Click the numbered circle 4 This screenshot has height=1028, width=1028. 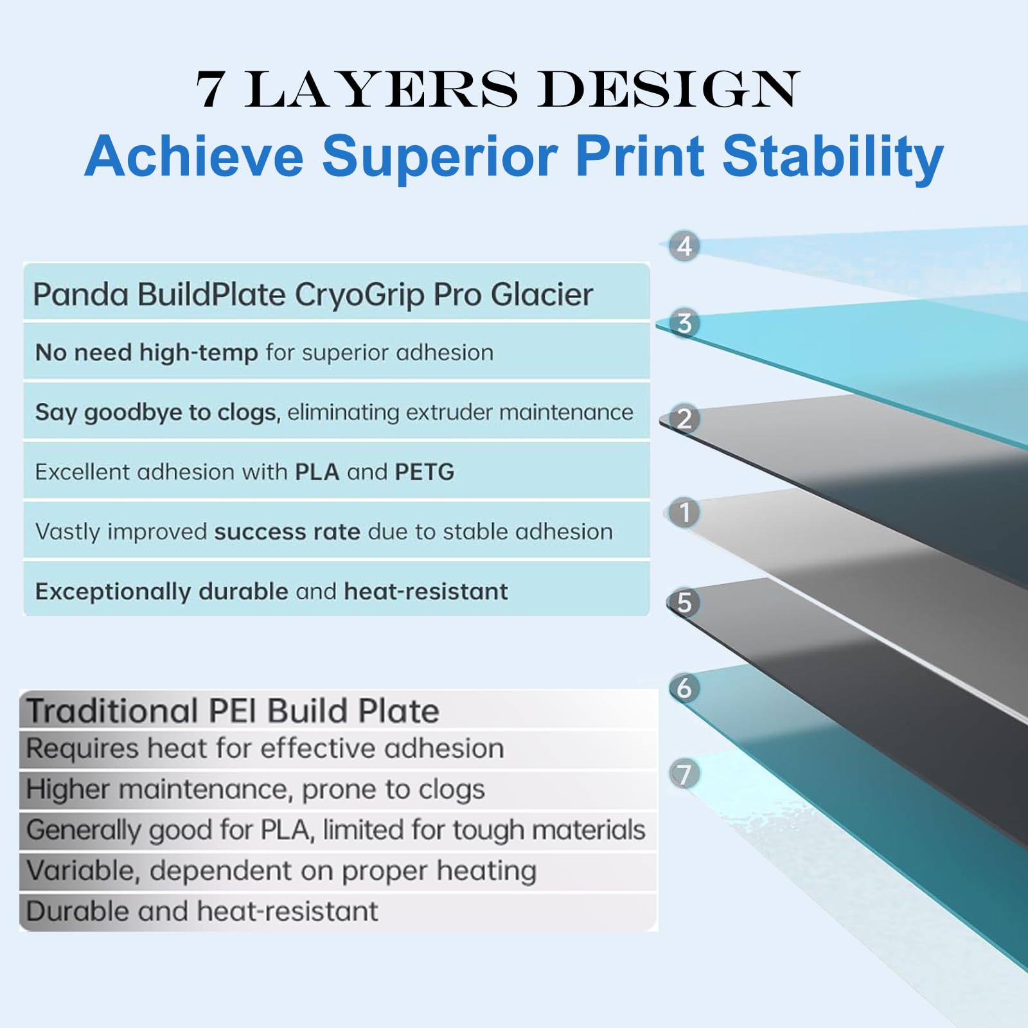click(684, 246)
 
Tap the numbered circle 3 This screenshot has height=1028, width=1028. click(684, 323)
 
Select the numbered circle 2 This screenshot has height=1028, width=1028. click(684, 419)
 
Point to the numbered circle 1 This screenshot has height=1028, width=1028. click(684, 513)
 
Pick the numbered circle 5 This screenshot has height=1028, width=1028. click(684, 603)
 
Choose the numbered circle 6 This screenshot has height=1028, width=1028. click(684, 688)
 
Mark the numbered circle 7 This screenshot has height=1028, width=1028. click(684, 774)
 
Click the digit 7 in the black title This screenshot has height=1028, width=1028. click(210, 90)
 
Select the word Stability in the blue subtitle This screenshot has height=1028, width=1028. click(833, 157)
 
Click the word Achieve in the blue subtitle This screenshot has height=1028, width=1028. click(194, 157)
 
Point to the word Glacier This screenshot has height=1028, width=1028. click(542, 295)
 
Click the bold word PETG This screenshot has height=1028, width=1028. click(425, 472)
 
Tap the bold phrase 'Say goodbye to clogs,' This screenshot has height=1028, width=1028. click(158, 412)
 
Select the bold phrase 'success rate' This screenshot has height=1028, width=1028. click(287, 532)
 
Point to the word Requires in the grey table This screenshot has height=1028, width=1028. click(83, 749)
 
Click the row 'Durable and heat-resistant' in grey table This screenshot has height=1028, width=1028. click(202, 912)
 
